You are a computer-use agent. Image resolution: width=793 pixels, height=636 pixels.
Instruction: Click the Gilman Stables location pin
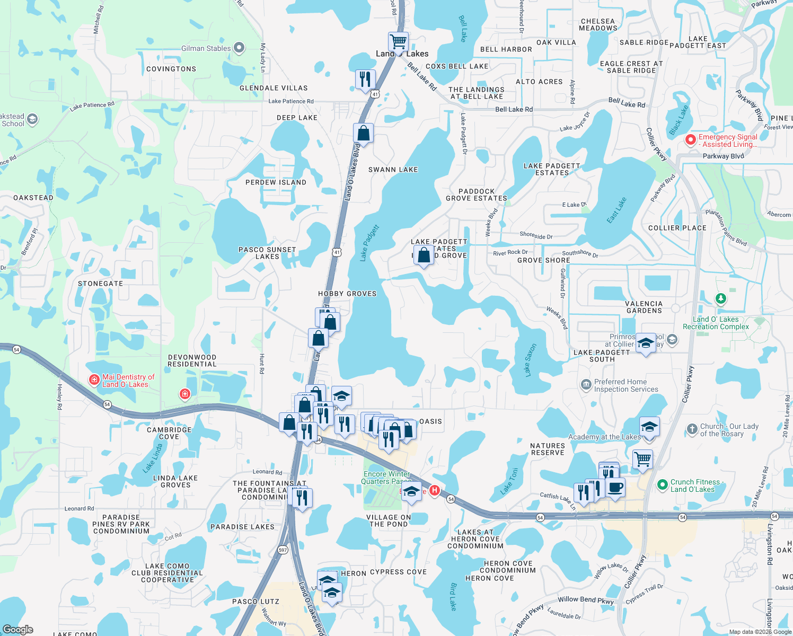pos(239,48)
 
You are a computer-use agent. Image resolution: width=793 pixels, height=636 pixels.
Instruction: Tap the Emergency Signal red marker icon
pos(690,140)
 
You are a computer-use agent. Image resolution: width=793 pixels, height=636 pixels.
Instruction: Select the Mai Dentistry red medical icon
pos(94,379)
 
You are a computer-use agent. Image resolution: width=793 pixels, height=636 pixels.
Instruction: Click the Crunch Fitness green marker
pos(662,484)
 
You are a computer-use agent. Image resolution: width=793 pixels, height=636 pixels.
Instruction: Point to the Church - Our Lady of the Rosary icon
pos(692,429)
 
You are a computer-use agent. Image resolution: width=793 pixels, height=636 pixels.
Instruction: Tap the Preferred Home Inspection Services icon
pos(586,385)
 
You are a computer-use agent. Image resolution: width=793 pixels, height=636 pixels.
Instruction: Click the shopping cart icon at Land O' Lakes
pos(398,41)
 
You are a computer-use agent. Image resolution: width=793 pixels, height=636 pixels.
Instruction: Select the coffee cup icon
pos(615,487)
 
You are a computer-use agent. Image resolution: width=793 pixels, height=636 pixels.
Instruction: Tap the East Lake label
pos(616,210)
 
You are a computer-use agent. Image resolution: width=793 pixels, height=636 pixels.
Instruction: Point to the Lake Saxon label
pos(531,360)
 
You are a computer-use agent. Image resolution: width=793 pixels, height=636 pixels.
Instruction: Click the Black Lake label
pos(679,120)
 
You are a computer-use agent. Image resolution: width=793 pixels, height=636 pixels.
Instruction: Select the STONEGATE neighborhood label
pos(100,284)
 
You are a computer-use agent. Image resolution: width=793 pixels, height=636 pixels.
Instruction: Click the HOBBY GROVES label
pos(347,294)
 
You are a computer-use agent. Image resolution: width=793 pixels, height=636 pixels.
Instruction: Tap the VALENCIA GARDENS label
pos(644,307)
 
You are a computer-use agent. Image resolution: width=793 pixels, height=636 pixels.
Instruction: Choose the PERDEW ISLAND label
pos(276,182)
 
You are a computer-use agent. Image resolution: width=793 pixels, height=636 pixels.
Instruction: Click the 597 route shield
pos(283,550)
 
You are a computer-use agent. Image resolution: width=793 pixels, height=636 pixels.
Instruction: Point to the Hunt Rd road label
pos(262,364)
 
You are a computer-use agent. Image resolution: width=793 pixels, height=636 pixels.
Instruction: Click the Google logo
pos(18,630)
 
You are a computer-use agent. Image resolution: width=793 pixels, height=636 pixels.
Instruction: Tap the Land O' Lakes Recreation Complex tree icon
pos(720,299)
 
